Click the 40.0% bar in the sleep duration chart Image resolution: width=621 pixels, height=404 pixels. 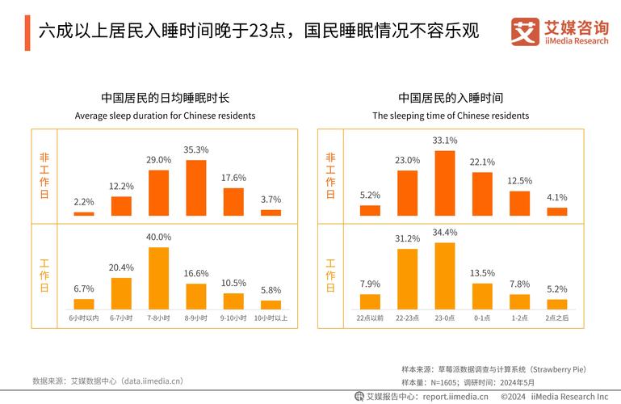[158, 278]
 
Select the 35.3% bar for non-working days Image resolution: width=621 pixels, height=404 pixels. [196, 187]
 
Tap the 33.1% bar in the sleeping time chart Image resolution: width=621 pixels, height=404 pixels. [445, 183]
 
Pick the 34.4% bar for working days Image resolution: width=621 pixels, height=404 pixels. [445, 276]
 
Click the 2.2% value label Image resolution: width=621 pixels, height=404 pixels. [84, 202]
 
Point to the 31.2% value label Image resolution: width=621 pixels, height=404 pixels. [408, 238]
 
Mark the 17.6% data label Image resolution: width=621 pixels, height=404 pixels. [233, 178]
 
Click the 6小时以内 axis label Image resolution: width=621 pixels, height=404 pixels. [84, 318]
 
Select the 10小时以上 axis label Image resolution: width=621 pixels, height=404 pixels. [271, 318]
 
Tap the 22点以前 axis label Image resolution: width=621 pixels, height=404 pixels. [370, 318]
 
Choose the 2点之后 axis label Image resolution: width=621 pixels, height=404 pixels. [557, 318]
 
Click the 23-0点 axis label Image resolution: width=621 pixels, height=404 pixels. [445, 318]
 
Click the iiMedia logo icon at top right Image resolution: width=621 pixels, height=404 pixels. [525, 32]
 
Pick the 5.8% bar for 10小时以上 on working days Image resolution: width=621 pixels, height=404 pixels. [271, 305]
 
